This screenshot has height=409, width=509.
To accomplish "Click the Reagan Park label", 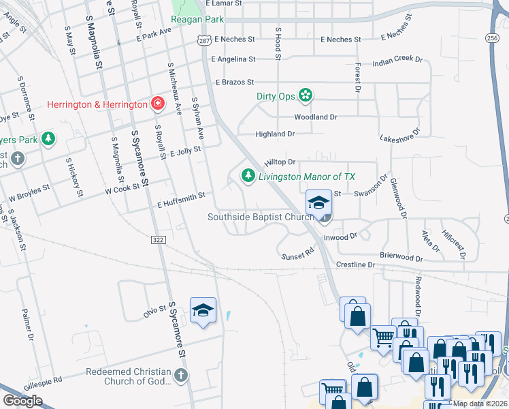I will click(x=198, y=19).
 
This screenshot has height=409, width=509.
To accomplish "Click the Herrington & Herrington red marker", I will click(x=158, y=104).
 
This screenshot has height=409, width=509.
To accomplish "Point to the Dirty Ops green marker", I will click(x=306, y=96).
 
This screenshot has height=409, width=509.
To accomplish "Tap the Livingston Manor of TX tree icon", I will click(x=248, y=177).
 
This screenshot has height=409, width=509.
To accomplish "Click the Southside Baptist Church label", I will click(x=259, y=217).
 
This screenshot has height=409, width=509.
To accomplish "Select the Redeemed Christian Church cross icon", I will click(x=180, y=374).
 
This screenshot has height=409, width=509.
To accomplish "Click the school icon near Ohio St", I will click(x=203, y=310).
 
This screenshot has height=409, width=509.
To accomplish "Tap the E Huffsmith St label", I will click(x=181, y=200).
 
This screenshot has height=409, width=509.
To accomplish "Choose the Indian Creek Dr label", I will click(x=397, y=61).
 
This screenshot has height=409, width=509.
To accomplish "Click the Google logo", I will click(x=22, y=401).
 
